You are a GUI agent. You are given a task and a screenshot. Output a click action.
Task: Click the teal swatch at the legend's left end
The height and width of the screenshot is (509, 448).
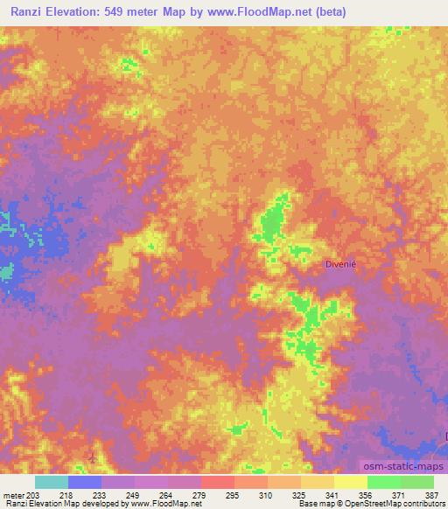(52, 482)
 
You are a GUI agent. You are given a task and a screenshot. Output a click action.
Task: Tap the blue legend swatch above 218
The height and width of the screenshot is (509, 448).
(85, 482)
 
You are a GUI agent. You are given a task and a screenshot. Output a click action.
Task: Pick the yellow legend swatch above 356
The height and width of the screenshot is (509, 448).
(350, 482)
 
